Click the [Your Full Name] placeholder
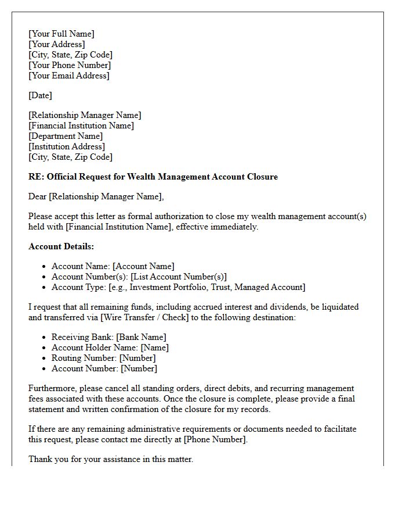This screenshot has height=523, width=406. tap(61, 34)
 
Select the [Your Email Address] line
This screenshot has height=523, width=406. tap(68, 76)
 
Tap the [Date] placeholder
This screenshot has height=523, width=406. tap(40, 95)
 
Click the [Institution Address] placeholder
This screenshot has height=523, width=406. tap(66, 146)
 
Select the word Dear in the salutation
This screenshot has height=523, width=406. tap(38, 196)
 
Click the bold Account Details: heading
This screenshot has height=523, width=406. tap(61, 246)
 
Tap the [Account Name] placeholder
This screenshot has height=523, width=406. tap(143, 266)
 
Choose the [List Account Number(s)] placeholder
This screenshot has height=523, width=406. tap(179, 277)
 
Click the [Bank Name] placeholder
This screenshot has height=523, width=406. tap(141, 337)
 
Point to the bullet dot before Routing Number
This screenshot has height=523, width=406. tap(45, 358)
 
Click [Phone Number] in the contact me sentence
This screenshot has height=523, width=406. tap(215, 439)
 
